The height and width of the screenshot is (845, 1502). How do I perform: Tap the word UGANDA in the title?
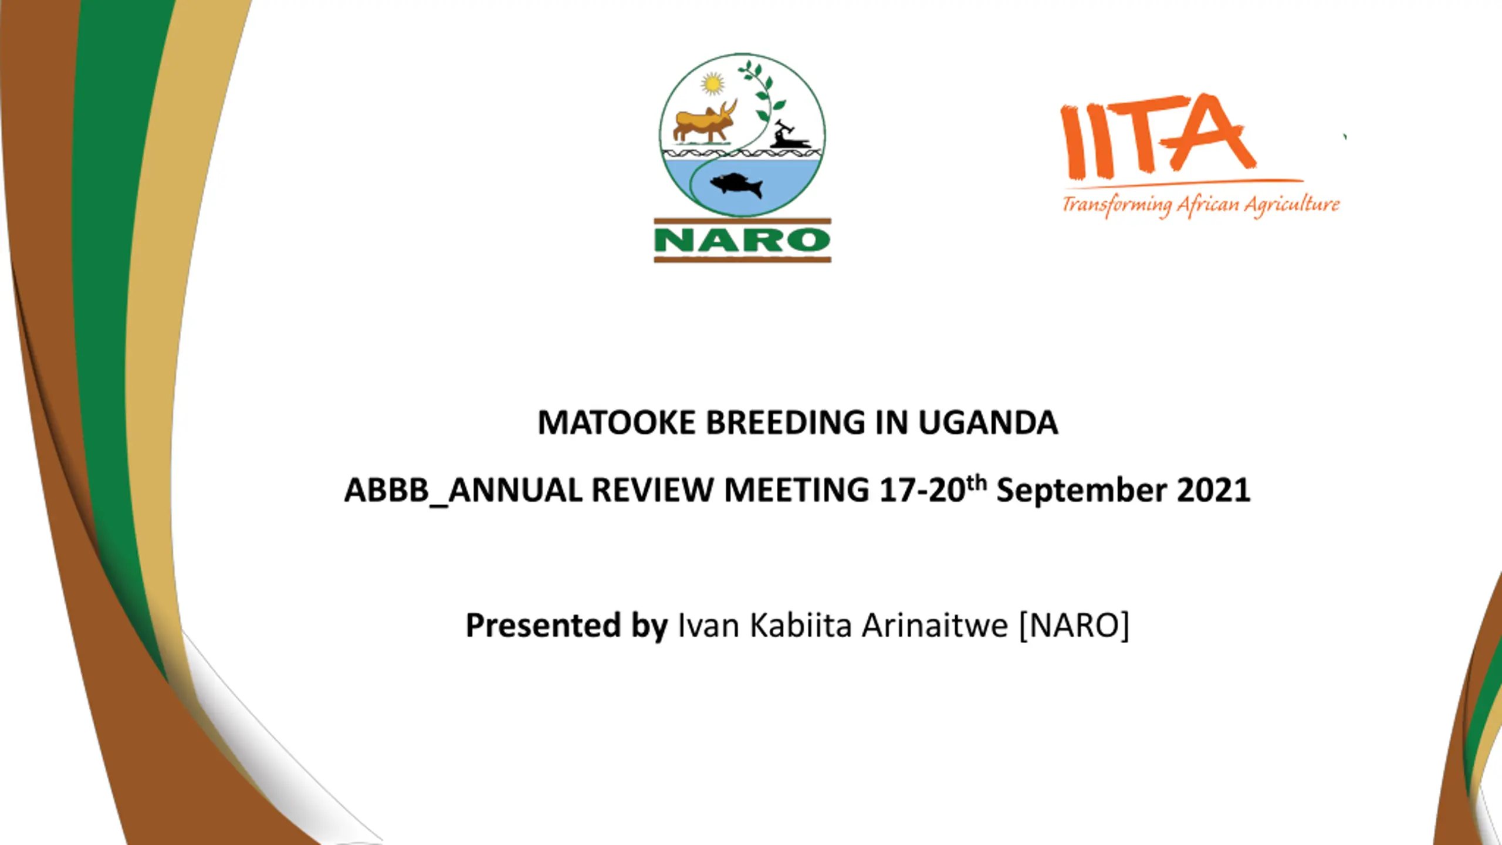[x=988, y=422]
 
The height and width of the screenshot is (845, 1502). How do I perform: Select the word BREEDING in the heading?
[x=785, y=422]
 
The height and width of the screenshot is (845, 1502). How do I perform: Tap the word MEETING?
[x=797, y=490]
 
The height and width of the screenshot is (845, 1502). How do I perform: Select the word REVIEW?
[x=652, y=490]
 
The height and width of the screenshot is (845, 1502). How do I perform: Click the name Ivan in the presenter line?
[x=708, y=625]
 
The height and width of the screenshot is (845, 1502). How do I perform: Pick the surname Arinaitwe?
[x=935, y=625]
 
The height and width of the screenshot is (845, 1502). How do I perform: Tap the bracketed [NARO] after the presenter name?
[x=1074, y=626]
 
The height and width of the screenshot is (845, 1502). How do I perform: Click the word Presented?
[x=543, y=625]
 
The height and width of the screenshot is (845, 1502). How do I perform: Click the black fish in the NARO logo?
[x=737, y=185]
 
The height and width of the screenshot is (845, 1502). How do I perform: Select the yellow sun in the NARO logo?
[x=712, y=84]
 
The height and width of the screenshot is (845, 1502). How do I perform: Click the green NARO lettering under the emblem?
[x=742, y=241]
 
